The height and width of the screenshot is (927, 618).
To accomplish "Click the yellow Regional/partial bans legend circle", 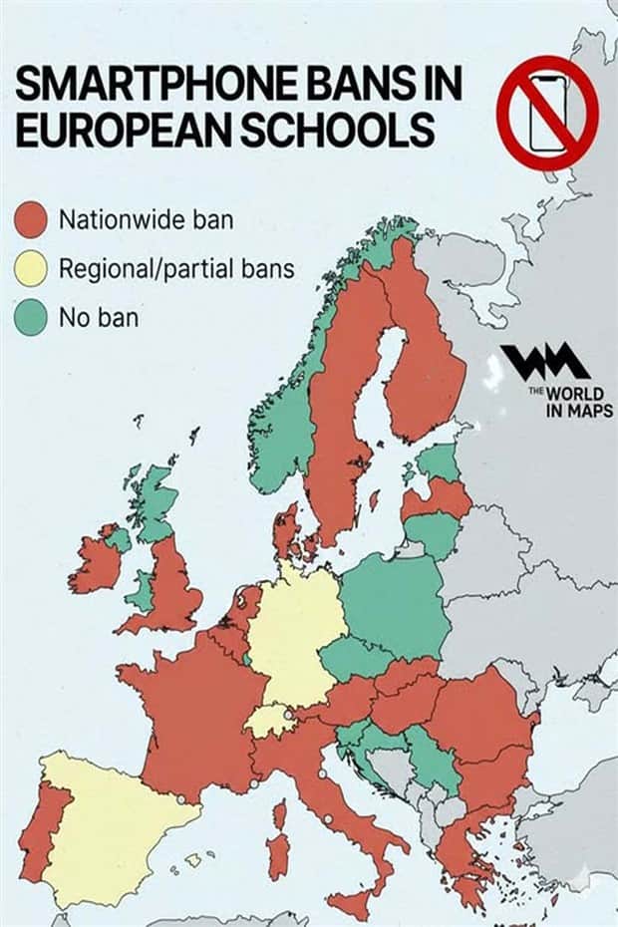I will click(x=32, y=269).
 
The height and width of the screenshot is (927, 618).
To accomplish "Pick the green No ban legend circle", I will click(x=32, y=319).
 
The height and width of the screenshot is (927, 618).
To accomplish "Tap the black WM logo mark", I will click(x=544, y=362).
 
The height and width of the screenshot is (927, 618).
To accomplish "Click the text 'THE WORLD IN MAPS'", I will click(x=571, y=401).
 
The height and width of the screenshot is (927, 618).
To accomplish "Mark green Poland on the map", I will click(x=394, y=603).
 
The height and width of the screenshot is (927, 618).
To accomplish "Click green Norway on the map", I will click(x=284, y=419).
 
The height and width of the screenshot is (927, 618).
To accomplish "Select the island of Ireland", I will click(x=97, y=563).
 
